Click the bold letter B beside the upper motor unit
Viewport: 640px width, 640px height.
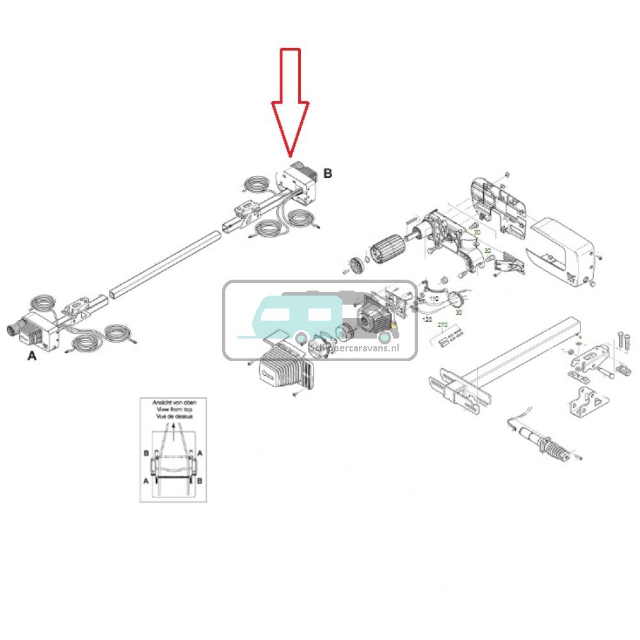(x=328, y=173)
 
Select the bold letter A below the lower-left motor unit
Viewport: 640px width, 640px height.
(x=32, y=356)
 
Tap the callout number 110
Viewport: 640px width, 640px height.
(x=433, y=299)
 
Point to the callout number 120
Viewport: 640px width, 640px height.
(x=428, y=318)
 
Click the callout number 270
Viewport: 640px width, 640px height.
(x=442, y=325)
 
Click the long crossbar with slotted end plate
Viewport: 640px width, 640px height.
(x=506, y=368)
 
